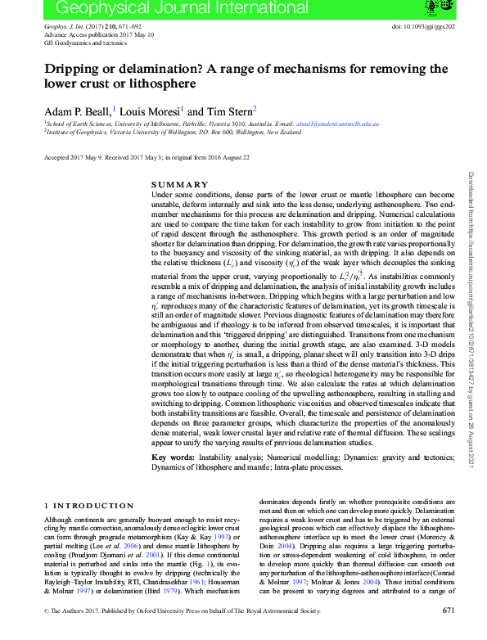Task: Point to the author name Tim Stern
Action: click(x=230, y=110)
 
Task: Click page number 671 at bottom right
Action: click(x=448, y=633)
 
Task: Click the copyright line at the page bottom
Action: click(x=171, y=633)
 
